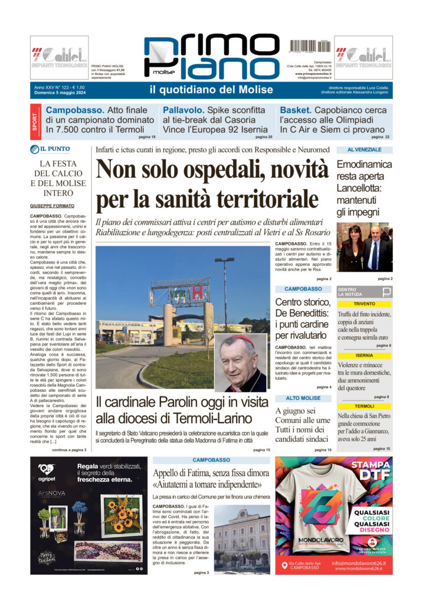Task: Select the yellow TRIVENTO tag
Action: point(364,303)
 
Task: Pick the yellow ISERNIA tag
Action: point(364,356)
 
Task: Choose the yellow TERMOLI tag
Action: point(364,406)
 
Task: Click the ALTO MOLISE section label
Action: point(303,398)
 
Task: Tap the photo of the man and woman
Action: point(364,247)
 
